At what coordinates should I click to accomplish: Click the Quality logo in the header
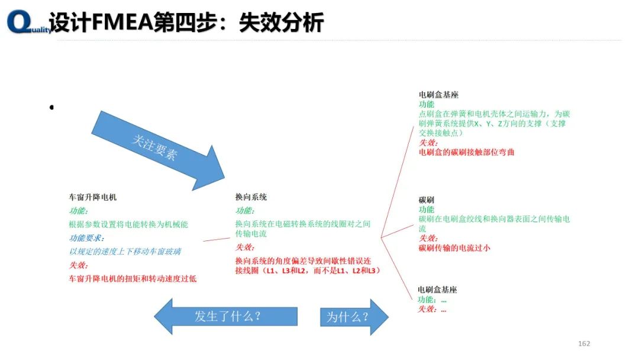pyautogui.click(x=27, y=22)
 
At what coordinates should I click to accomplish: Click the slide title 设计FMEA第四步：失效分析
pyautogui.click(x=186, y=22)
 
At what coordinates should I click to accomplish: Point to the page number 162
pyautogui.click(x=584, y=343)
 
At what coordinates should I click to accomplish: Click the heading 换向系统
pyautogui.click(x=251, y=197)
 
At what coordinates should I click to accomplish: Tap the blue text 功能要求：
pyautogui.click(x=86, y=238)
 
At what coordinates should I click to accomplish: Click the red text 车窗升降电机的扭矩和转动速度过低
pyautogui.click(x=133, y=278)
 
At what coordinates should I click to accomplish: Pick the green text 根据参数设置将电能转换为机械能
pyautogui.click(x=128, y=224)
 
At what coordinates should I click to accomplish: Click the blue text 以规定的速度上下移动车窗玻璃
pyautogui.click(x=125, y=252)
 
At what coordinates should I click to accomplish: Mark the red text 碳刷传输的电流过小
pyautogui.click(x=454, y=248)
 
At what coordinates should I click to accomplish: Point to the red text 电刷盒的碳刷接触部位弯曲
pyautogui.click(x=466, y=152)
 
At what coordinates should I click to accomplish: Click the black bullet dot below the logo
pyautogui.click(x=51, y=107)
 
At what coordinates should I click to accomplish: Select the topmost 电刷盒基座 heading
pyautogui.click(x=438, y=95)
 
